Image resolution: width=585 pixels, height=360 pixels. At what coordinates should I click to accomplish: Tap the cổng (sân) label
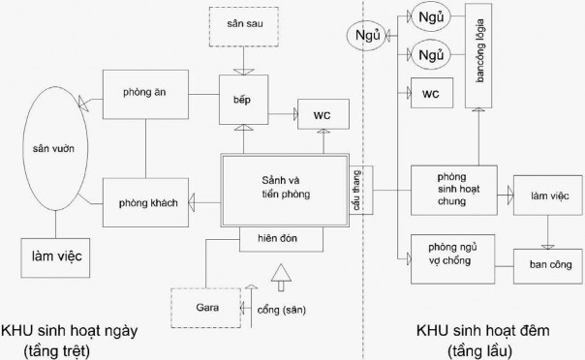(x=287, y=313)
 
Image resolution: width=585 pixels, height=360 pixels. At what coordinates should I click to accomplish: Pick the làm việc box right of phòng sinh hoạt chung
(x=547, y=196)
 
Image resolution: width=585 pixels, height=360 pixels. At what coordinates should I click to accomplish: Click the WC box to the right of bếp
(x=322, y=114)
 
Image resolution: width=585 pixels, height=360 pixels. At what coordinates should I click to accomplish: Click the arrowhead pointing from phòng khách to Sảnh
(x=193, y=200)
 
